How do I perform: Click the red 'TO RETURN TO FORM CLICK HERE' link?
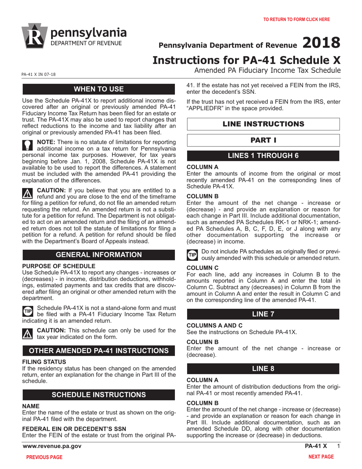(296, 19)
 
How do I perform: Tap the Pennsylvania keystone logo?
(35, 36)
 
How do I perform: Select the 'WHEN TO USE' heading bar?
(99, 89)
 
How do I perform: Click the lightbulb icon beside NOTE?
(28, 144)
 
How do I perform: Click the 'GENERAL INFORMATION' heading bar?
(99, 255)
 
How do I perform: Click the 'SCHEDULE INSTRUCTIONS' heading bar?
(99, 395)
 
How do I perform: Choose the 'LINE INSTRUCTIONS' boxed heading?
(263, 124)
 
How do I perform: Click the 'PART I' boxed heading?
(263, 140)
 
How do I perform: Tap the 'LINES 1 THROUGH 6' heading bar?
(263, 156)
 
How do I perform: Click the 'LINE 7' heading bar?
(263, 314)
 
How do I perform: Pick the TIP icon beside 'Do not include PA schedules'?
(192, 254)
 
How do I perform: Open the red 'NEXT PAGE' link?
(321, 456)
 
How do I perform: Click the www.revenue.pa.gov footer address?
(52, 446)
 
